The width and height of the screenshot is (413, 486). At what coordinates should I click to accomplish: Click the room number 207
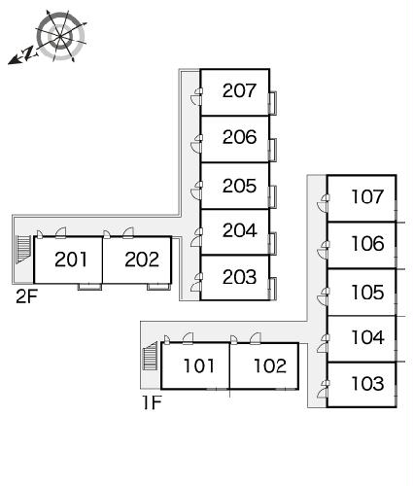[239, 90]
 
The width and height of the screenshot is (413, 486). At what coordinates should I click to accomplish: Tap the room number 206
[239, 137]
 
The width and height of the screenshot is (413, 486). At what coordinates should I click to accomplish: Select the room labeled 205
[239, 186]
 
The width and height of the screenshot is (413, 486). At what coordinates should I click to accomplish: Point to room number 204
[240, 230]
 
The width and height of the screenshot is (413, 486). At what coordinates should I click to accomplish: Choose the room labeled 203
[239, 277]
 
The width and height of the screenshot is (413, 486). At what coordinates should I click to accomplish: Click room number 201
[71, 260]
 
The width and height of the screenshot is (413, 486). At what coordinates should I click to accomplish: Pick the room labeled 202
[142, 260]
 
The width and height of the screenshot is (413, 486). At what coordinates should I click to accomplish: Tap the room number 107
[367, 197]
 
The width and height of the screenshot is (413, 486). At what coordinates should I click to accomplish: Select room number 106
[367, 244]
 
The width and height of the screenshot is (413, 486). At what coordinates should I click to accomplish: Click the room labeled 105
[367, 293]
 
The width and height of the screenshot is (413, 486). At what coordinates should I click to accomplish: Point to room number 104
[367, 337]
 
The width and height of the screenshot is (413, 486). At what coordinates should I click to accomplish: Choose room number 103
[367, 384]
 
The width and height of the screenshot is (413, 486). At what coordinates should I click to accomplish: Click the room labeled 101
[198, 366]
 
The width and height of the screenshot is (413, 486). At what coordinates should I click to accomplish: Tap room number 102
[270, 366]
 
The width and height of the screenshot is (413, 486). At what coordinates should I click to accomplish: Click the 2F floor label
[27, 296]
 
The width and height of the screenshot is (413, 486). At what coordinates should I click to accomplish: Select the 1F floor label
[152, 402]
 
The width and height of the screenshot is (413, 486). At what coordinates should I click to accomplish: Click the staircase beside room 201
[23, 249]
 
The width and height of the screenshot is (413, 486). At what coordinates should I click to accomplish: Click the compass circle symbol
[61, 36]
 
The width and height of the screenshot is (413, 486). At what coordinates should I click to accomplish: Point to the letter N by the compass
[28, 52]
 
